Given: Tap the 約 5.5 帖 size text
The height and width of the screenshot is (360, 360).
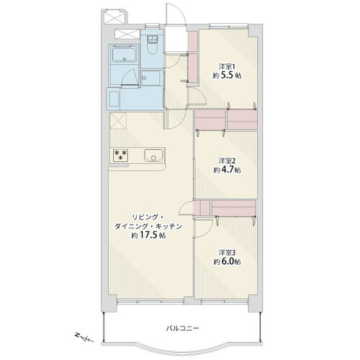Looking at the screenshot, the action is click(x=227, y=76).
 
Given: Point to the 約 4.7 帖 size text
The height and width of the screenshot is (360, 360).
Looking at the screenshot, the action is click(x=227, y=170).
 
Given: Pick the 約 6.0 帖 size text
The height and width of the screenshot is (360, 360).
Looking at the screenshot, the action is click(x=227, y=261).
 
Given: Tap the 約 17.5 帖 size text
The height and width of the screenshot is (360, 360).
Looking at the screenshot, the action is click(x=148, y=235).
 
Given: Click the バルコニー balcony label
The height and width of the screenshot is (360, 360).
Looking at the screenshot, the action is click(x=183, y=328).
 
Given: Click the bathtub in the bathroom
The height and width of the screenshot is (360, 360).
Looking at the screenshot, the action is click(x=125, y=53).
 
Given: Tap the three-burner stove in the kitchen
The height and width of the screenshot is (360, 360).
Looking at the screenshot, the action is click(x=120, y=155).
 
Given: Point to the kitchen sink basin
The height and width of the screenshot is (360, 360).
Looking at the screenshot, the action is click(x=153, y=156).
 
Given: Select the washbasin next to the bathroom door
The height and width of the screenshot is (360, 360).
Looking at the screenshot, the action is click(x=150, y=78).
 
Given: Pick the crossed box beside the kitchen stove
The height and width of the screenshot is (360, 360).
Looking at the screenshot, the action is click(x=118, y=121).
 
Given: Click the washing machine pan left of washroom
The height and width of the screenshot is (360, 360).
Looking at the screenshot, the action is click(x=114, y=99).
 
